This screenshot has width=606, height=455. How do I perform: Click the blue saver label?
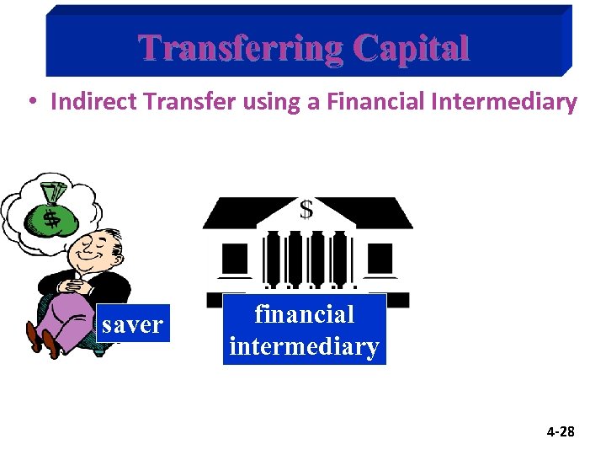tap(132, 324)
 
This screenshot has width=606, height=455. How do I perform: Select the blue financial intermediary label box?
tap(304, 329)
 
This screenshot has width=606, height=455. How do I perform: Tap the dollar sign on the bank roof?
tap(306, 209)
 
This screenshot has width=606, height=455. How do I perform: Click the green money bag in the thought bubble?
tap(52, 217)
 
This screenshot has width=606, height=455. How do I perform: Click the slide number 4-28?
tap(560, 432)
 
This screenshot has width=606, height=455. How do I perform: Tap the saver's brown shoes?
tap(42, 339)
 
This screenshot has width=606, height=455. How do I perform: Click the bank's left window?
tap(235, 256)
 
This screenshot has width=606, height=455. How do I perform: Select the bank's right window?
tap(380, 256)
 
